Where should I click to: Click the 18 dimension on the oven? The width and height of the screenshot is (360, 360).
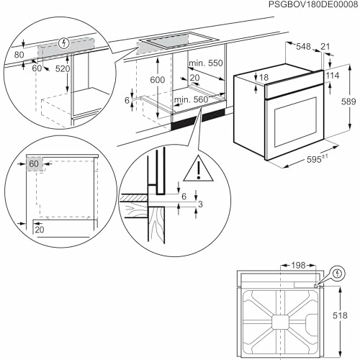click(x=264, y=77)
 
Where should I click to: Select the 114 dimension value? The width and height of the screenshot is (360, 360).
click(x=332, y=76)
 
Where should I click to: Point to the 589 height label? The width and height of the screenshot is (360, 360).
click(x=348, y=103)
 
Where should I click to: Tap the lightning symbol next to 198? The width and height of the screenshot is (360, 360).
click(x=338, y=273)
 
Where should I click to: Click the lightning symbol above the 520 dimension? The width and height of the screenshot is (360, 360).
click(x=66, y=43)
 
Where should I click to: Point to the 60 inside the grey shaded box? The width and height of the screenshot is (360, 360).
click(x=35, y=164)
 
